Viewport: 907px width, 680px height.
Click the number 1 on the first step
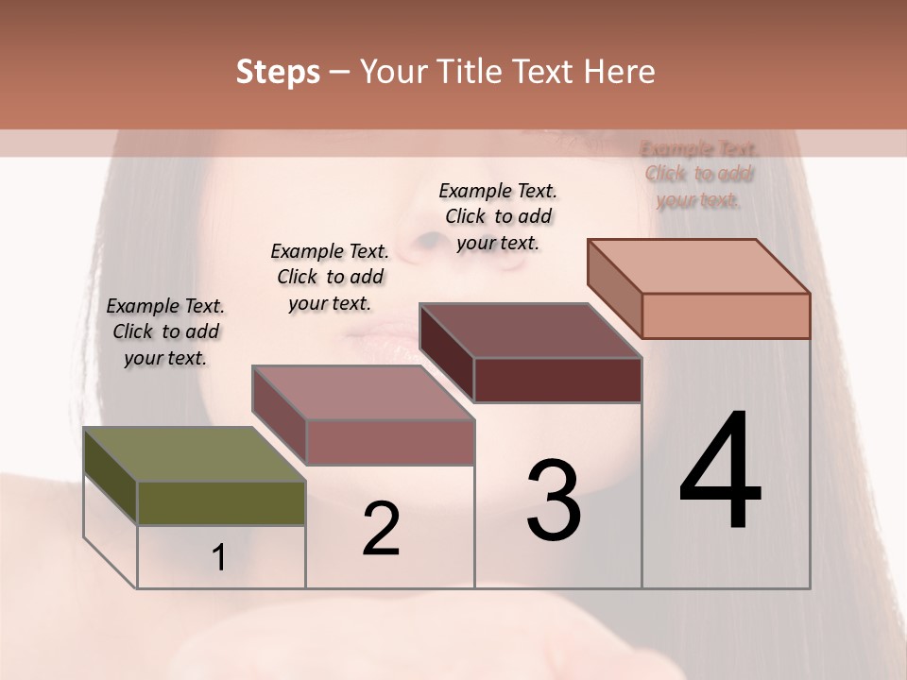pyautogui.click(x=219, y=557)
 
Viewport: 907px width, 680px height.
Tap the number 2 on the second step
pyautogui.click(x=381, y=529)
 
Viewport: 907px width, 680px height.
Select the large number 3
pyautogui.click(x=554, y=501)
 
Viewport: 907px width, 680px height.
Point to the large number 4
pyautogui.click(x=720, y=472)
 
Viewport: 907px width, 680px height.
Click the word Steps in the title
pyautogui.click(x=278, y=72)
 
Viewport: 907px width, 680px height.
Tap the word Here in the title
pyautogui.click(x=620, y=72)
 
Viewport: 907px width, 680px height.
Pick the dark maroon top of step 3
pyautogui.click(x=529, y=331)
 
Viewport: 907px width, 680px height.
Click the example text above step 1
pyautogui.click(x=165, y=331)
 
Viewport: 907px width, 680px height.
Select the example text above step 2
pyautogui.click(x=330, y=277)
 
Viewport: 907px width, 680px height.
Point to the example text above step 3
pyautogui.click(x=498, y=216)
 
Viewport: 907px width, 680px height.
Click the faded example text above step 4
pyautogui.click(x=699, y=175)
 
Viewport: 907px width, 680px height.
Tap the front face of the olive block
pyautogui.click(x=221, y=502)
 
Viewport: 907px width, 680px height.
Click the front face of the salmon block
pyautogui.click(x=726, y=315)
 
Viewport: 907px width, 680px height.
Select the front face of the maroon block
pyautogui.click(x=557, y=380)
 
